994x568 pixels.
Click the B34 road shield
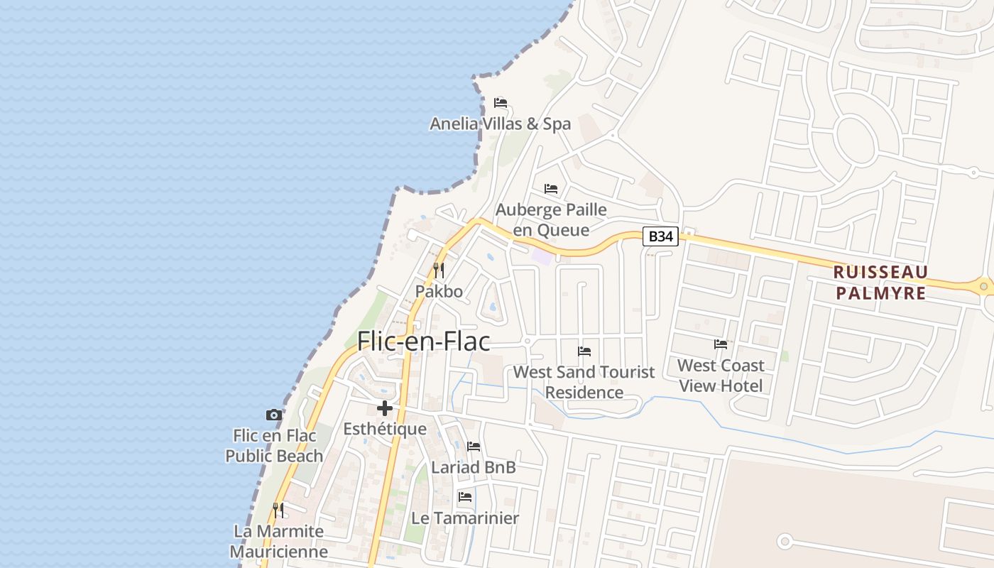(660, 236)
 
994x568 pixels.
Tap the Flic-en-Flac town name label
(423, 342)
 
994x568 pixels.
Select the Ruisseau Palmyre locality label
(880, 283)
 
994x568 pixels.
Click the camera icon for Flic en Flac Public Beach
(273, 415)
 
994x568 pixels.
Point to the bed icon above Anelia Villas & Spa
(501, 102)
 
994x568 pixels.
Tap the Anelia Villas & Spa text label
(500, 124)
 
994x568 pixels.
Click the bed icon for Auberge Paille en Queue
(551, 189)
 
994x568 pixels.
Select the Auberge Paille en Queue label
(551, 219)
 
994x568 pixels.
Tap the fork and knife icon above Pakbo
(439, 271)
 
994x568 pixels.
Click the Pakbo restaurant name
(439, 291)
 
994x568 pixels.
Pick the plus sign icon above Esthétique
(385, 408)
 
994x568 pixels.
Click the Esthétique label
(385, 429)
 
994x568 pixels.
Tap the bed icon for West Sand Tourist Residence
(584, 351)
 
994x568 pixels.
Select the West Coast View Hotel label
(721, 376)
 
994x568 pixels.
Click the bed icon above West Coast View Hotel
(721, 344)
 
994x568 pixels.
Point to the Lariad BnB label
(474, 468)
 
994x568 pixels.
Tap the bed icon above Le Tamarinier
(465, 496)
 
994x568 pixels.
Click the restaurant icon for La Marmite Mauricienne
(278, 510)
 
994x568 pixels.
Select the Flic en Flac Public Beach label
(274, 446)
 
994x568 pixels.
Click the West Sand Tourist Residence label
(584, 382)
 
